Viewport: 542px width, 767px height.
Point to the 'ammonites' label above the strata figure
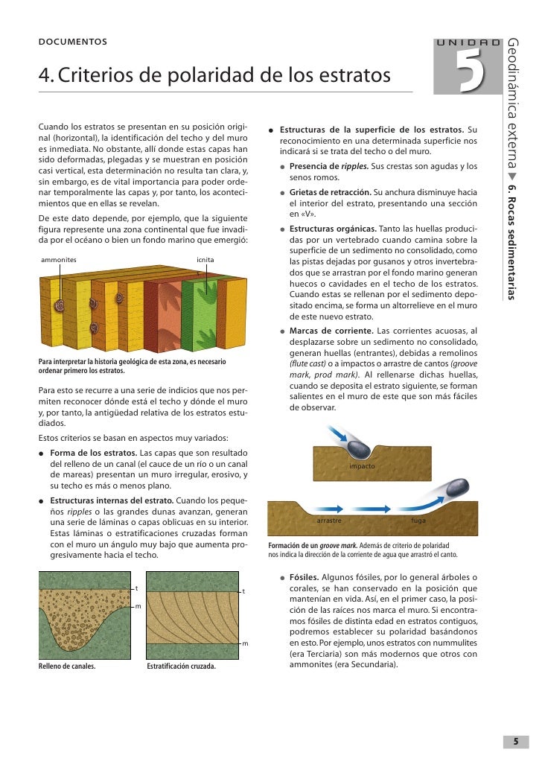[x=58, y=259]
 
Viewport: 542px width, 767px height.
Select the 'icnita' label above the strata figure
[x=205, y=259]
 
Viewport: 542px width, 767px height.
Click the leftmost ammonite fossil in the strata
[x=58, y=304]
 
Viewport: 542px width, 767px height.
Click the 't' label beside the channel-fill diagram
[x=135, y=588]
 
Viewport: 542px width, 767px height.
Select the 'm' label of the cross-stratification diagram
[x=245, y=643]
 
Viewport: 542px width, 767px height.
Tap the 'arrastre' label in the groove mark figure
[x=329, y=521]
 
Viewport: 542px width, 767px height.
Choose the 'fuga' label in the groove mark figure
[x=418, y=521]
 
